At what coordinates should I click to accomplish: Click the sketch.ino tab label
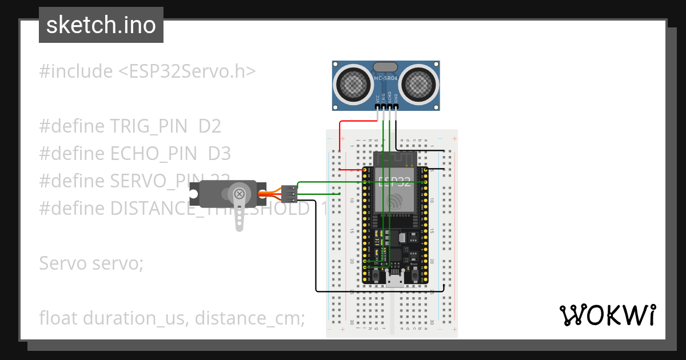[x=101, y=25]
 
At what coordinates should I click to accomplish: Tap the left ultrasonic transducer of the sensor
[x=353, y=85]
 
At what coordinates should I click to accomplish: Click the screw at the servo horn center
[x=240, y=193]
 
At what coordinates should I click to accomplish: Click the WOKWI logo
[x=607, y=315]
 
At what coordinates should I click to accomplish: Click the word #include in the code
[x=76, y=71]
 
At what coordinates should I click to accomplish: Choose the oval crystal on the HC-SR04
[x=386, y=67]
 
